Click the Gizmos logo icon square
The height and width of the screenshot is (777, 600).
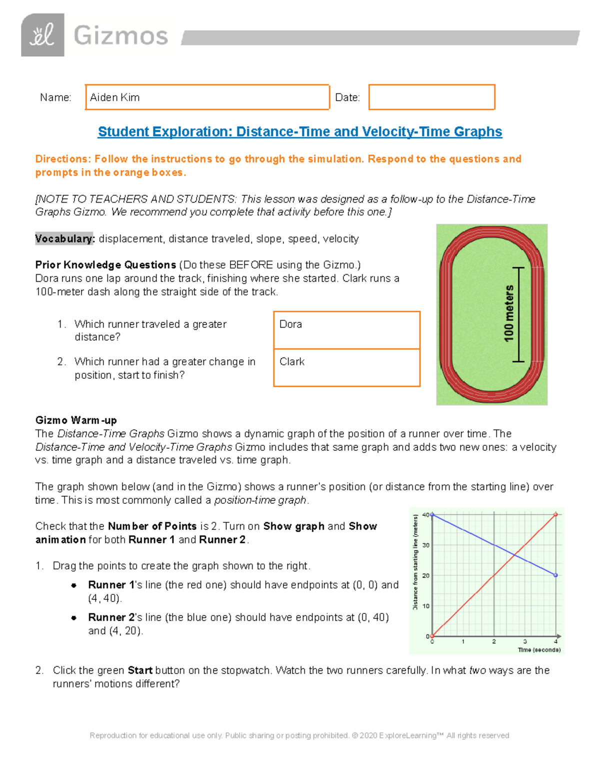[42, 35]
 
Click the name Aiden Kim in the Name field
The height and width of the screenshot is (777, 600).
[114, 98]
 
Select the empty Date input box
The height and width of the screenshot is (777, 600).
[431, 97]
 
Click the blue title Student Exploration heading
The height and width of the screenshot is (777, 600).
[299, 132]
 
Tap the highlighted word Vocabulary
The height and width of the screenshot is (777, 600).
[64, 239]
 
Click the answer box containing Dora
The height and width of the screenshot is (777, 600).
[346, 330]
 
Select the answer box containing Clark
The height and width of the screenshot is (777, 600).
[346, 368]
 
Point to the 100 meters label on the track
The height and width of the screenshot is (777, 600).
[509, 314]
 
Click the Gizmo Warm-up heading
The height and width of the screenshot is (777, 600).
[76, 420]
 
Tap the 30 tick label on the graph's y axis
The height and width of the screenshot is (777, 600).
[426, 545]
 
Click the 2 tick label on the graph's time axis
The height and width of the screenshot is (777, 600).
[494, 641]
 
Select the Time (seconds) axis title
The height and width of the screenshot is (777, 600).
[539, 650]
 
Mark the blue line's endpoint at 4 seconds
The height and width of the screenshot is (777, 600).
[555, 575]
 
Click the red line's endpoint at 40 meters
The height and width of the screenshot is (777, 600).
[555, 514]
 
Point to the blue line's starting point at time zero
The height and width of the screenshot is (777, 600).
[432, 514]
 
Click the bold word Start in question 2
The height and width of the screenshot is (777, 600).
[140, 670]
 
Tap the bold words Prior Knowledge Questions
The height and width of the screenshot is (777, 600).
[105, 265]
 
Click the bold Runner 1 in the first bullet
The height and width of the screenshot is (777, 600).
[111, 585]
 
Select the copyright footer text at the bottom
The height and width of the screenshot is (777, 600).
[299, 735]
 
